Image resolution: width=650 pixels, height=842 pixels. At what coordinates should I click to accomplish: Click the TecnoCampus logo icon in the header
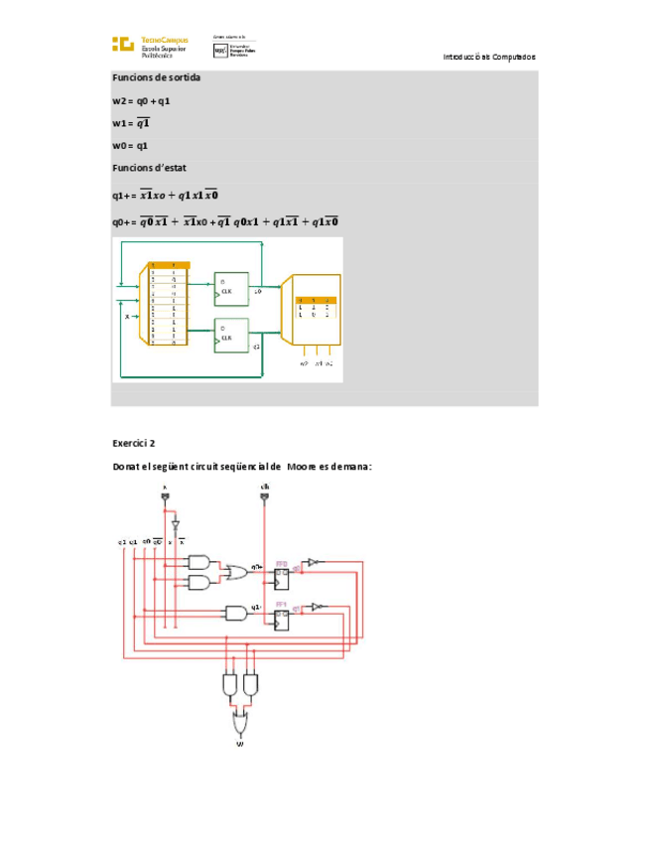122,44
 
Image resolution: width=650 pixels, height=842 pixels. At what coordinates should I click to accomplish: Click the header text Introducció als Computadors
489,57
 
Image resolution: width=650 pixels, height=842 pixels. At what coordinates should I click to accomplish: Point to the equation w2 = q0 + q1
141,100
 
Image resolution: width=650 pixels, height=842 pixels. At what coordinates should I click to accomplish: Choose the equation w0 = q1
130,145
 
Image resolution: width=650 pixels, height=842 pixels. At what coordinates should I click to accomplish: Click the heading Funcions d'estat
149,168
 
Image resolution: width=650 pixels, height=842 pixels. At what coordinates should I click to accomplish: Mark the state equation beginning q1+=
165,195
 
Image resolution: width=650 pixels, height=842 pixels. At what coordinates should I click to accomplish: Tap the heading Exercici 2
134,443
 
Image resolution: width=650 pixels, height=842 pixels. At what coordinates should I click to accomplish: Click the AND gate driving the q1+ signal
236,613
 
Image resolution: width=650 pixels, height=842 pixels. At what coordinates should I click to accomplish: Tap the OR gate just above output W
240,717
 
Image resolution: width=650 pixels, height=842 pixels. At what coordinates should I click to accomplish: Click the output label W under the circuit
240,743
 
